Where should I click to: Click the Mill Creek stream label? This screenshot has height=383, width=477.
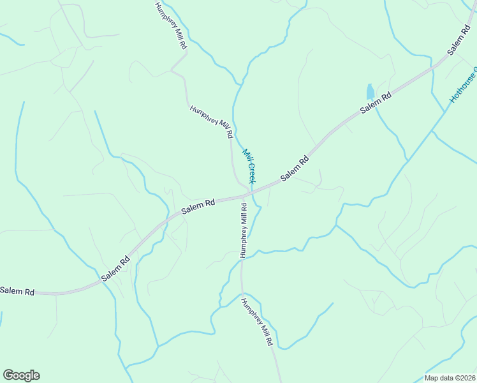(x=249, y=166)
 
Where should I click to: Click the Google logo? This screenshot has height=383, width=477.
(x=21, y=375)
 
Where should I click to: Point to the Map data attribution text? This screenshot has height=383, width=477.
(x=450, y=378)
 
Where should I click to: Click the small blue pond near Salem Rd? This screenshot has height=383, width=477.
(x=370, y=91)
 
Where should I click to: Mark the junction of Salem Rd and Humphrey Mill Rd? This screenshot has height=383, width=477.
(x=247, y=192)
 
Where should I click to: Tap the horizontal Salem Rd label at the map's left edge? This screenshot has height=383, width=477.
(x=17, y=291)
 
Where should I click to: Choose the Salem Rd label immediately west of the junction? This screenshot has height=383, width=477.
(x=198, y=207)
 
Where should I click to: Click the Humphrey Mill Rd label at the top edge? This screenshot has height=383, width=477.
(x=167, y=26)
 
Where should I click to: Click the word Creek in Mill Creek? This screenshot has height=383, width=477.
(x=252, y=172)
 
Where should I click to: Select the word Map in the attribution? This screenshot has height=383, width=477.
(x=432, y=378)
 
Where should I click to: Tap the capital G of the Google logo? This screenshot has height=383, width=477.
(x=8, y=375)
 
